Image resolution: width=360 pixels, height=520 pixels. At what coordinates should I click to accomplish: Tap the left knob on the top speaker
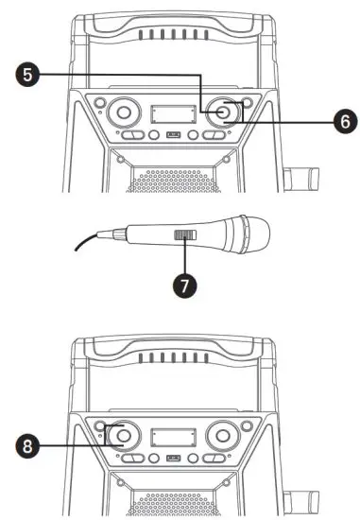pos(122,114)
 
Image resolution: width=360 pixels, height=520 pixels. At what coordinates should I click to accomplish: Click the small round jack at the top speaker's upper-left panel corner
pos(97,100)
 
